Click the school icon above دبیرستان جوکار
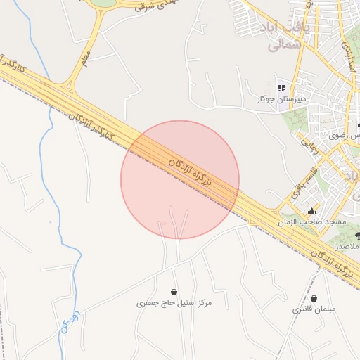tap(281, 88)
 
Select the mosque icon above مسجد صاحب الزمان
tap(312, 212)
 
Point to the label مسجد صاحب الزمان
tap(312, 222)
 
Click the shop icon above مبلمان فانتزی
tap(314, 298)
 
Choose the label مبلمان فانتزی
tap(314, 309)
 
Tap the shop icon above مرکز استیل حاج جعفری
tap(174, 292)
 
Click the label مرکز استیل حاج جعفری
tap(174, 303)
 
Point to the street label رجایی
tap(310, 146)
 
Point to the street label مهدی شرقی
tap(145, 6)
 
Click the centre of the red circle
tap(180, 180)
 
